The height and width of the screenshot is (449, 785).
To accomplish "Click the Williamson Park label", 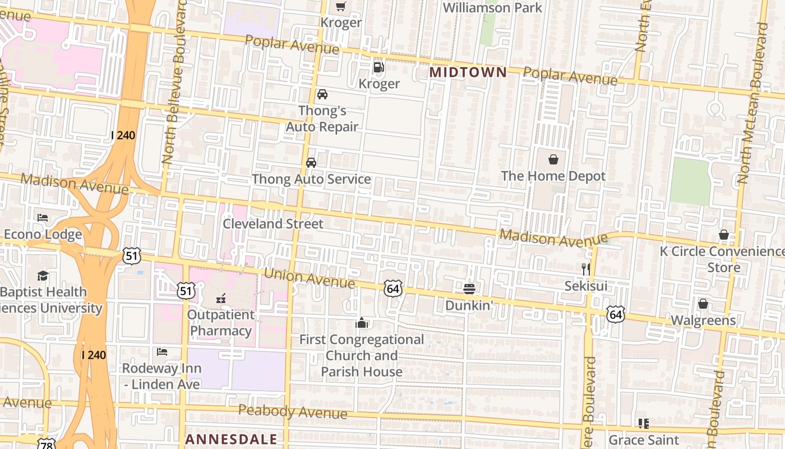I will (492, 8).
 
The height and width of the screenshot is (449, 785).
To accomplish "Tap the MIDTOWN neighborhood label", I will (468, 72).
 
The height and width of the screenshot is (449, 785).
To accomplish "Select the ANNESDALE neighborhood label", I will (231, 439).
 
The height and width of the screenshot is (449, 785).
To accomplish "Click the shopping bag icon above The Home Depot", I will (553, 159).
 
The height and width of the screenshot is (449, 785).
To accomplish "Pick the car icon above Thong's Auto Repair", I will (322, 94).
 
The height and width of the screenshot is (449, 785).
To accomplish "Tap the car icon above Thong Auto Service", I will (311, 163).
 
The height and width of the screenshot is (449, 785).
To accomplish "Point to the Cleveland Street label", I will (273, 223).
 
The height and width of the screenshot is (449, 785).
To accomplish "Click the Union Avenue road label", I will (309, 278).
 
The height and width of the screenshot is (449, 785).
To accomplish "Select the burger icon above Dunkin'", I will (469, 289).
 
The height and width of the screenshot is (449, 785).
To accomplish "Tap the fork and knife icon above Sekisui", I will (586, 269).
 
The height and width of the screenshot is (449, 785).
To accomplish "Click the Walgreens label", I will (703, 320).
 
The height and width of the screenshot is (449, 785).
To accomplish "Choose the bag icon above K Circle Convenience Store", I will (724, 235).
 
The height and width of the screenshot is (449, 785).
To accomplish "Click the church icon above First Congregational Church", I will (362, 323).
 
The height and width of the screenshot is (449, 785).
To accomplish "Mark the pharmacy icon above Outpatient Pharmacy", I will (221, 298).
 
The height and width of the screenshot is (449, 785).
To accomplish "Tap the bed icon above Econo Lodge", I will (43, 217).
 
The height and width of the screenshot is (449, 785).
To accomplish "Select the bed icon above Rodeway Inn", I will (162, 352).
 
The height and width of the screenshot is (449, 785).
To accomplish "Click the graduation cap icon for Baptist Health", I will (43, 276).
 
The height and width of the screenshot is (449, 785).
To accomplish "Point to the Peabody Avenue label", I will (293, 411).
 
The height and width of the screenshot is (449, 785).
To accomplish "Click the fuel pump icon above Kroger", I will (379, 67).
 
